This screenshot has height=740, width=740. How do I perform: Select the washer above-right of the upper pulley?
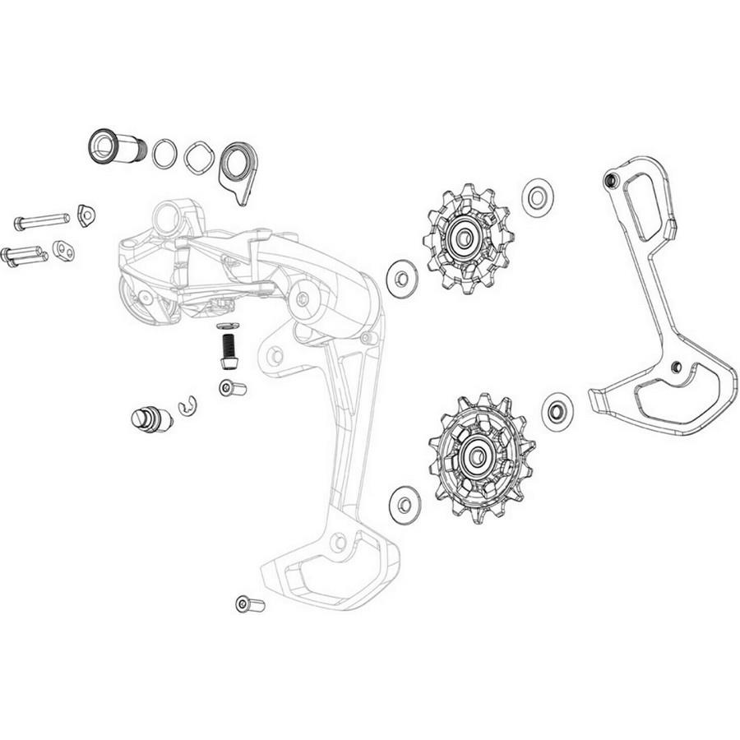point(537,197)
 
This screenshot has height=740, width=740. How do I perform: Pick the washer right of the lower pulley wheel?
point(557,408)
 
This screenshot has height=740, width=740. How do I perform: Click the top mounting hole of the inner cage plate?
point(609,180)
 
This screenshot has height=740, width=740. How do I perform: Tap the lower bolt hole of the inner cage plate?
point(675,365)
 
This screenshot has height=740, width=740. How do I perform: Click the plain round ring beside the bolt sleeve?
point(165,154)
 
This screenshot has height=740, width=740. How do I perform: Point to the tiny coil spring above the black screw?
point(229,326)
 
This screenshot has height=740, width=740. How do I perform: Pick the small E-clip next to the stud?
point(188,405)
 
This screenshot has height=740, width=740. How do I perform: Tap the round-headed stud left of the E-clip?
point(151,417)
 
